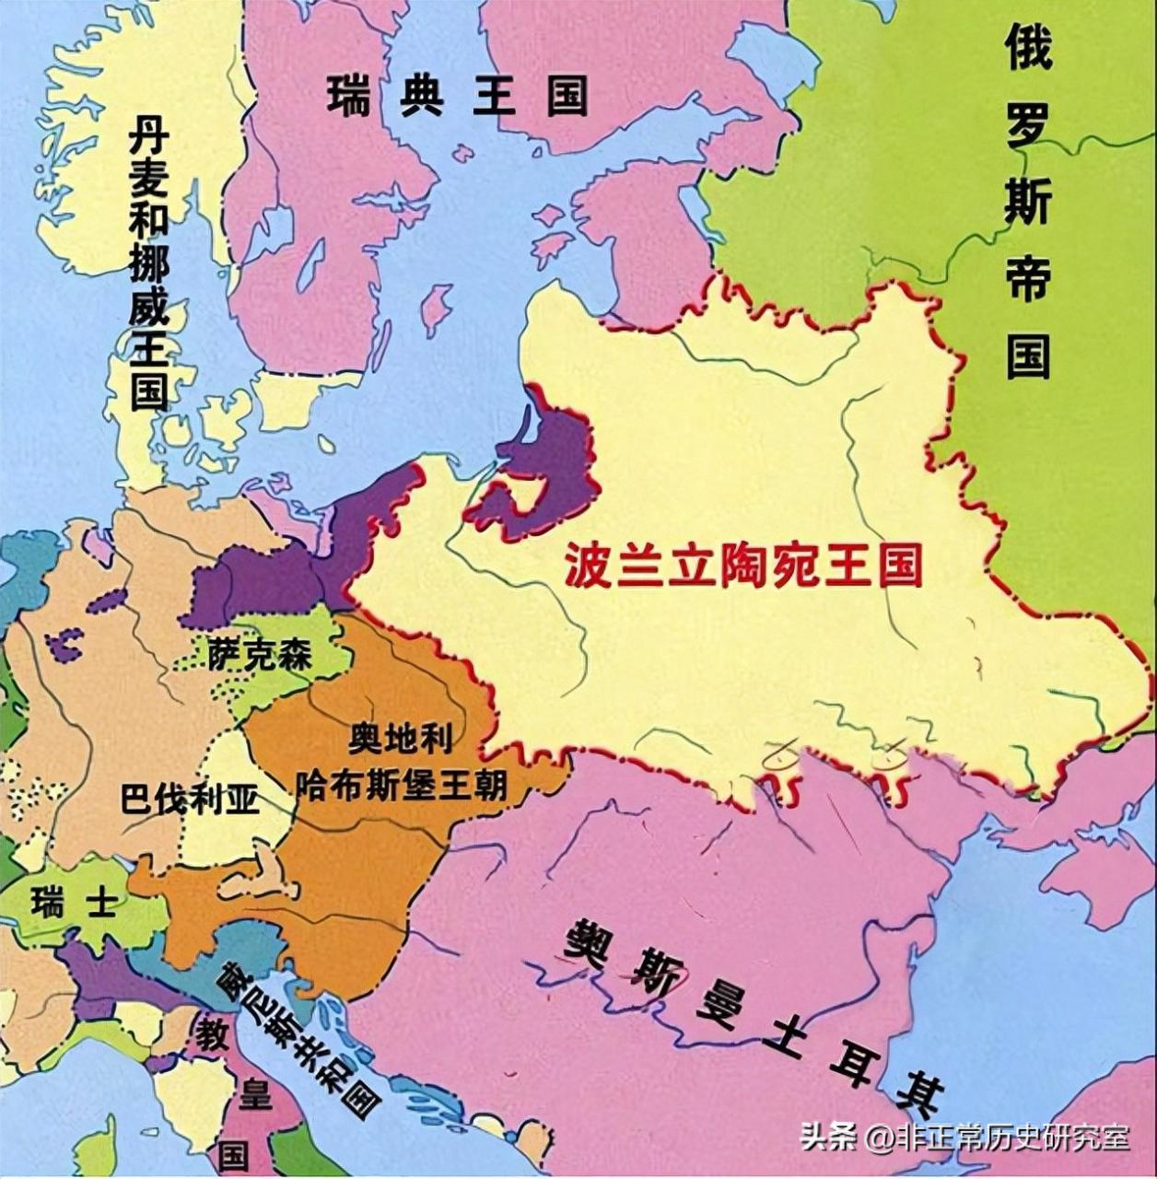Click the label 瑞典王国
tap(457, 95)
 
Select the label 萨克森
tap(259, 655)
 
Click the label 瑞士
tap(74, 903)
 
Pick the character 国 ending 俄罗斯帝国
tap(1027, 356)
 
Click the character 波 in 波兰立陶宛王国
tap(586, 565)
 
